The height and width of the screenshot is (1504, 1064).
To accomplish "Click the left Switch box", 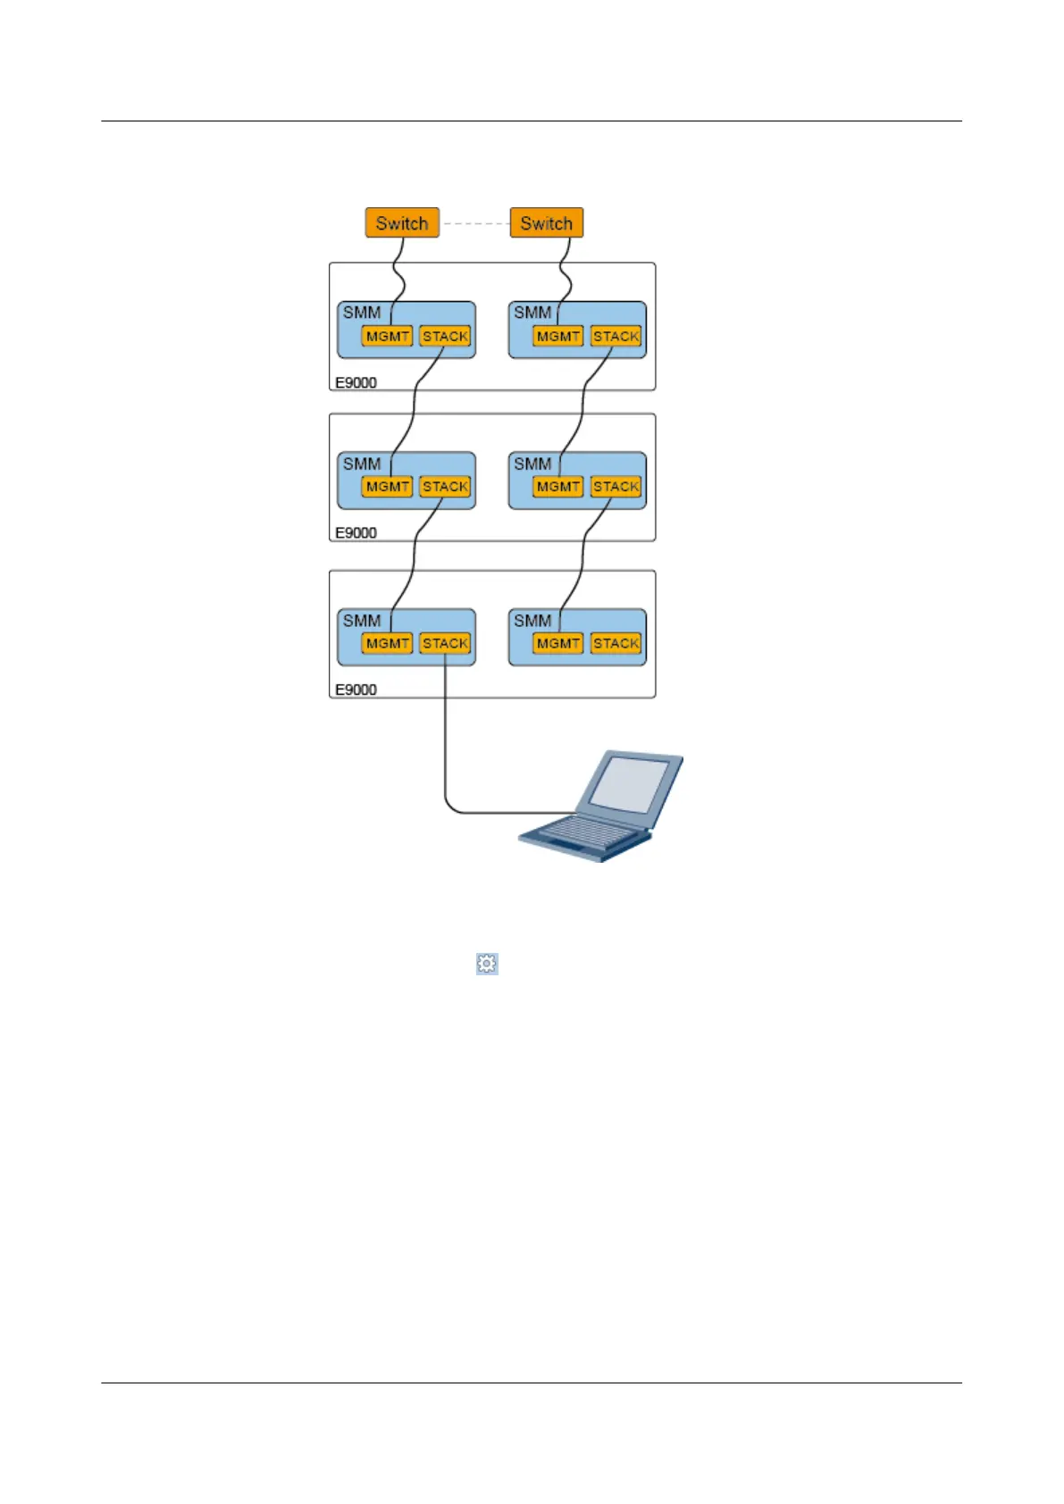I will [402, 223].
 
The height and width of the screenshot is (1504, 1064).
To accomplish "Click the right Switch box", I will [546, 223].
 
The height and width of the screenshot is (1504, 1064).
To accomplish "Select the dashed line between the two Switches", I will [474, 223].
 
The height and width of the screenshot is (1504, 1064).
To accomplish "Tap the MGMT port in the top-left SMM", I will [387, 337].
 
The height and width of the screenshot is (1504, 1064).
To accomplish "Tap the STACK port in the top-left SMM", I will [445, 337].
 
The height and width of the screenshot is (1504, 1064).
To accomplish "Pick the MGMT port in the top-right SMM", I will [558, 337].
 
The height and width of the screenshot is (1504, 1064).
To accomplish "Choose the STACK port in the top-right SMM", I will [616, 337].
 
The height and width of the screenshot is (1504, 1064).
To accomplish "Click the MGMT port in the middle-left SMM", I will [387, 487].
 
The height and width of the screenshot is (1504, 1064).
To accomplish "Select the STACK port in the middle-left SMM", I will [445, 487].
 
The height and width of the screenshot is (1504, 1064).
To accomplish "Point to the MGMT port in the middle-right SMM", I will [558, 487].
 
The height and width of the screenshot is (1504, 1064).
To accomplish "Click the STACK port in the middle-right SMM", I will [616, 487].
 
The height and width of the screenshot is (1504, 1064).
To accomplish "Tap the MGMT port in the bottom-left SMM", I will [387, 643].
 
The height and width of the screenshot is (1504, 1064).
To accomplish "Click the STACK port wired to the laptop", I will [445, 643].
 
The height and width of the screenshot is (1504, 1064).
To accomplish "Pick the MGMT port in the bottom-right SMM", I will [558, 643].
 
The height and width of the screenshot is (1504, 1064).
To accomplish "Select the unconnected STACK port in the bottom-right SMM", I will [616, 643].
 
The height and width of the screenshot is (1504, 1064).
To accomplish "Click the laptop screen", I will [630, 785].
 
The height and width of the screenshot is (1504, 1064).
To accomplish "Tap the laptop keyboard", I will [576, 834].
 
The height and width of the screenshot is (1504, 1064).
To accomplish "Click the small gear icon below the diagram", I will [487, 964].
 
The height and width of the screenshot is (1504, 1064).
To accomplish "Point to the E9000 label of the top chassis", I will [356, 382].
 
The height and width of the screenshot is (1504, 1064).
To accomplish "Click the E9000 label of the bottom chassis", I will [356, 689].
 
